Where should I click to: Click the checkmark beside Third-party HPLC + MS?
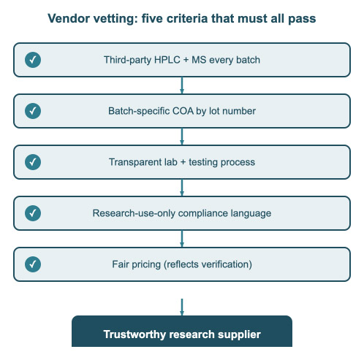[33, 60]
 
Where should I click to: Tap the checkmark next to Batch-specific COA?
[33, 111]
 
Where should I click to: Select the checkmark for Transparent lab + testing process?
[33, 162]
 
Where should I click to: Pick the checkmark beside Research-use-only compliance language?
[33, 213]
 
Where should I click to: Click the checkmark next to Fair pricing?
[33, 264]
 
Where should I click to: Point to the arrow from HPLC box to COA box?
[182, 85]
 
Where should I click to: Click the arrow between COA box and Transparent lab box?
[182, 137]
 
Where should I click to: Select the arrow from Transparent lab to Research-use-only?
[182, 188]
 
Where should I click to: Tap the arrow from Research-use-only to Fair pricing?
[182, 239]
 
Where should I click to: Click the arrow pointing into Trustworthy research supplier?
[182, 307]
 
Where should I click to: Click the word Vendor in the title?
[69, 18]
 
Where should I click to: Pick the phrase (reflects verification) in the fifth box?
[208, 264]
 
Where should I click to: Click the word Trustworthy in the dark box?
[134, 334]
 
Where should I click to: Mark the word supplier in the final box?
[239, 334]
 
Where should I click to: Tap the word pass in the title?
[302, 19]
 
